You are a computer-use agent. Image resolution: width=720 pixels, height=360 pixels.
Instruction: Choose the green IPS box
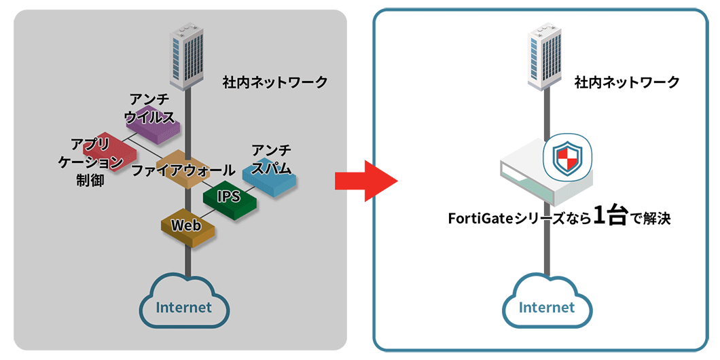[230, 198]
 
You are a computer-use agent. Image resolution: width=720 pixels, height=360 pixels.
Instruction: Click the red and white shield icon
[568, 158]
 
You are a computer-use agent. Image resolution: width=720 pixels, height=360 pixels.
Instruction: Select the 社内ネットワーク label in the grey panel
[275, 83]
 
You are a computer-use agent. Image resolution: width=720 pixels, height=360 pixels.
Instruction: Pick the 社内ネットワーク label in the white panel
[626, 83]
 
